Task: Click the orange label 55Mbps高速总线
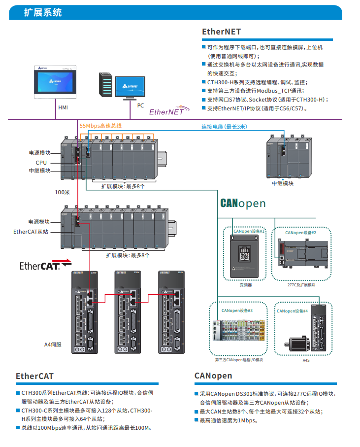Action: tap(100, 126)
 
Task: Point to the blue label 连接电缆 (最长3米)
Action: tap(224, 127)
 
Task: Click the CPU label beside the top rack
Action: tap(41, 162)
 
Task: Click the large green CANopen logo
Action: tap(243, 203)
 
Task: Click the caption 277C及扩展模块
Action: tap(300, 284)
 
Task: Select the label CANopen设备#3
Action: tap(237, 310)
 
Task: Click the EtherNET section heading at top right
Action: tap(222, 32)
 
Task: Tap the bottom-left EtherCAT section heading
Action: tap(34, 376)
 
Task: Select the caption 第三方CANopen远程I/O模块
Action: tap(239, 360)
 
